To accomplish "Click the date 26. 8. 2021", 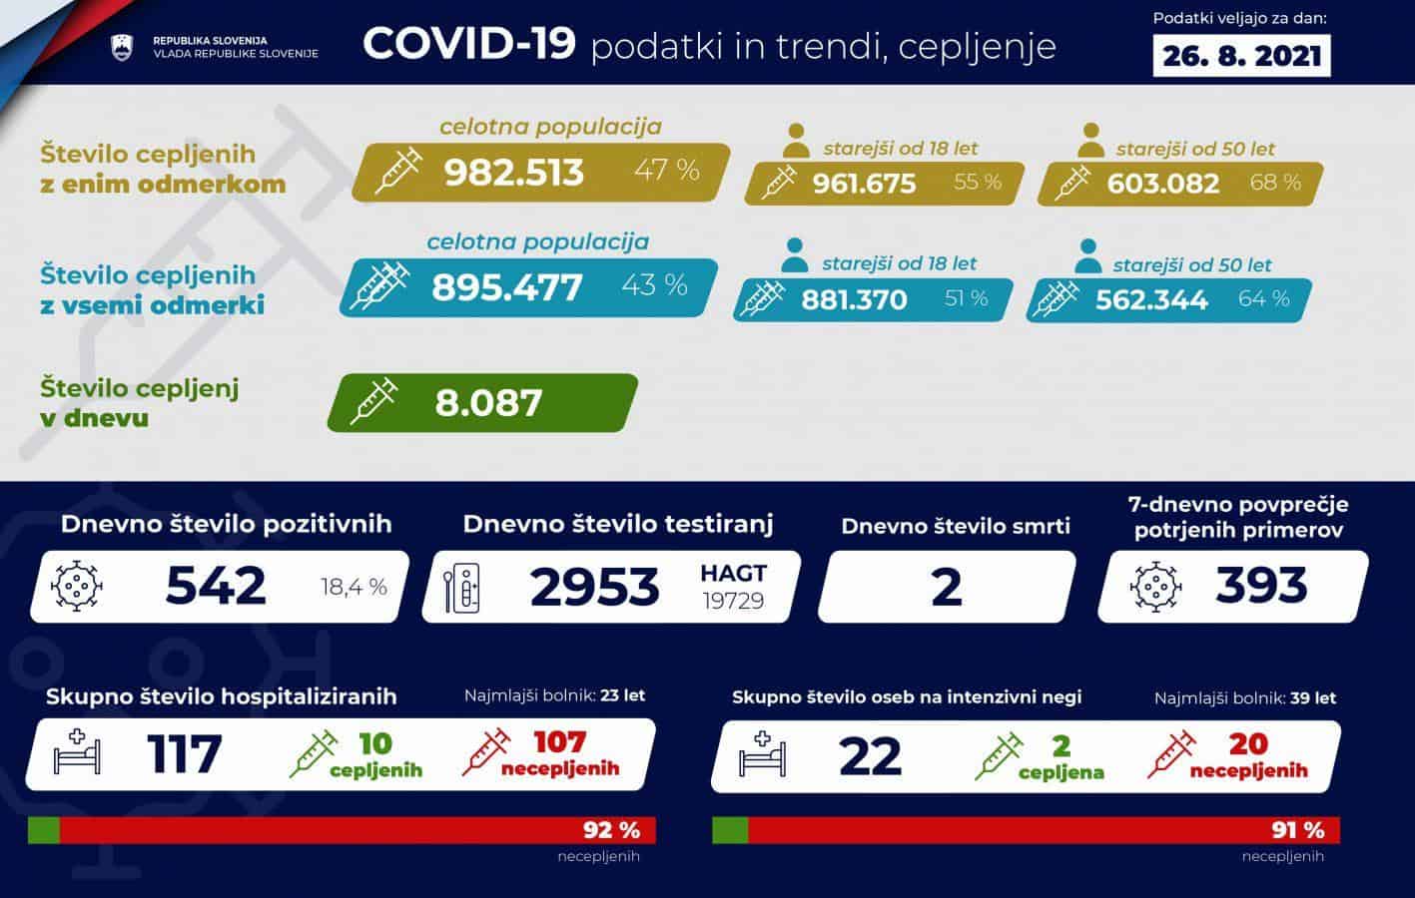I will pos(1243,56).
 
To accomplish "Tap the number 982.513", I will pos(513,172).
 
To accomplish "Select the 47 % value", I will pos(666,170).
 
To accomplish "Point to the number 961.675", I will pos(864,184).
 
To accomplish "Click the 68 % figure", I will pos(1275,183).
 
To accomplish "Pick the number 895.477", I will pos(506,287).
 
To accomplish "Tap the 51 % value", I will pos(966,298).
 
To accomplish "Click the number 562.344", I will pos(1151,299).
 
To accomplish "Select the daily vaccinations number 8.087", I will pos(488,403).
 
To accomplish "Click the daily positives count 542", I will pos(216,586).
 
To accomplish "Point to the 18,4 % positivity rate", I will pos(354,588).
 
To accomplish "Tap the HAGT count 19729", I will pos(732,601).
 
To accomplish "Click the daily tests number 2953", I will pos(594,587).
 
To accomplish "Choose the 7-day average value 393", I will pos(1261,586).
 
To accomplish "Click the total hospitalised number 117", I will pos(185,753).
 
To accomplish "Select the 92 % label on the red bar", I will pos(611,830).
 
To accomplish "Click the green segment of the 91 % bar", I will pos(730,830).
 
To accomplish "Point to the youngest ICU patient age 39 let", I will pos(1313,698).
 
